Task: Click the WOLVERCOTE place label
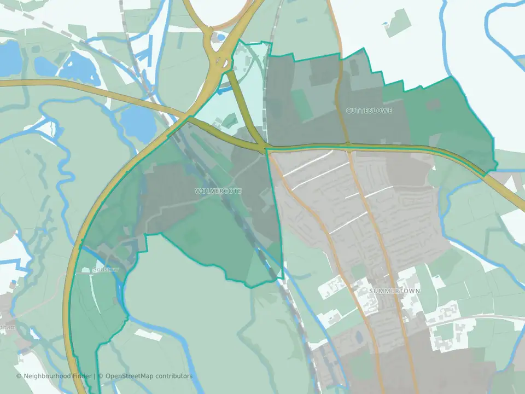217,190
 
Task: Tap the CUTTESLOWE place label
369,111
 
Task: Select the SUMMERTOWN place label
394,291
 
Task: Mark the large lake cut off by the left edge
9,57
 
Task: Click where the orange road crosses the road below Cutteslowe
348,146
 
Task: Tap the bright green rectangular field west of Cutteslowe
301,104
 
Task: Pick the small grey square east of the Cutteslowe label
433,105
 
